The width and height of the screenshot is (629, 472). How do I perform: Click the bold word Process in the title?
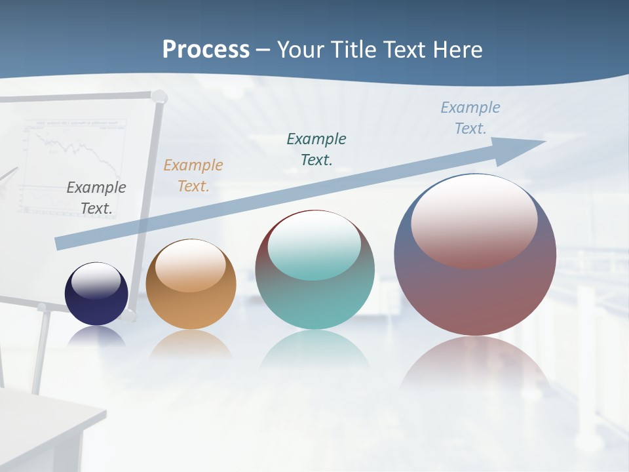[206, 50]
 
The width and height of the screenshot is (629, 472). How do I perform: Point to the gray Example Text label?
[96, 198]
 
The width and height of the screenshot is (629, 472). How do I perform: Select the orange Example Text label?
[193, 176]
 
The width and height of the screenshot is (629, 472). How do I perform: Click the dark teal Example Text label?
[316, 149]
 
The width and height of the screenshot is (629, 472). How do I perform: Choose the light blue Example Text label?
[470, 117]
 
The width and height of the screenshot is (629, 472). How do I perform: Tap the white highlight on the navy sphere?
[96, 281]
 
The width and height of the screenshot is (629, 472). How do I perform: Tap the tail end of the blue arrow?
[60, 243]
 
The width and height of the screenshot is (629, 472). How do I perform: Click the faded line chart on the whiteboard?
[72, 157]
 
